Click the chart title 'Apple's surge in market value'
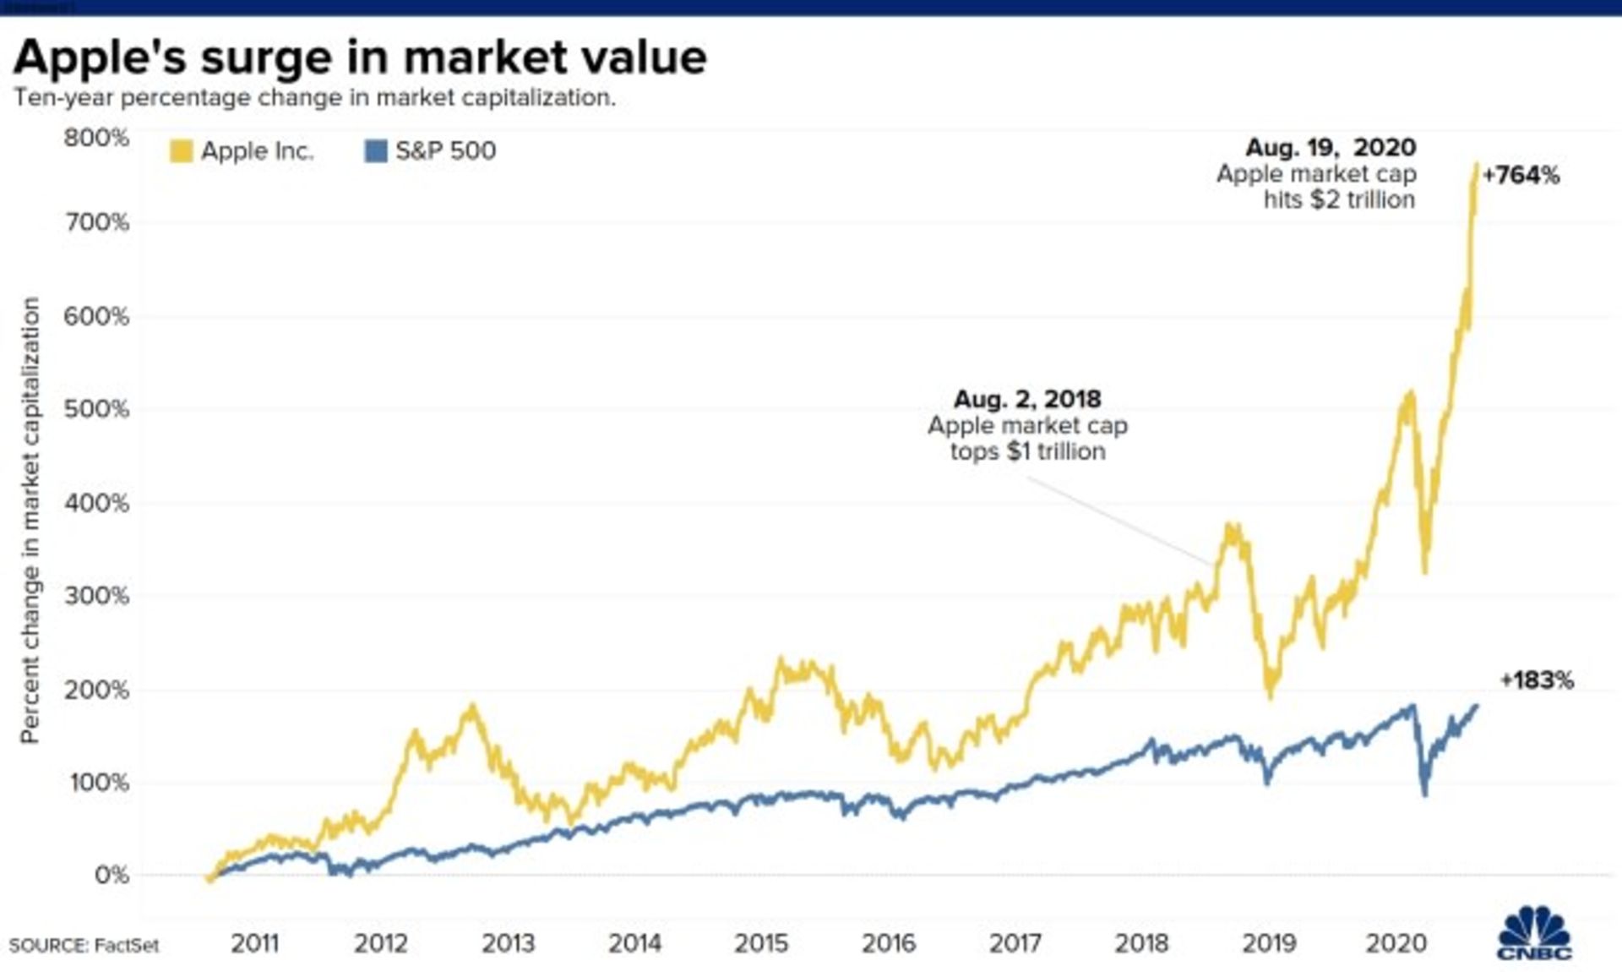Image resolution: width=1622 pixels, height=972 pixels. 360,57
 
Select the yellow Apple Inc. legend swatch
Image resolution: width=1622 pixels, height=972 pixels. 181,151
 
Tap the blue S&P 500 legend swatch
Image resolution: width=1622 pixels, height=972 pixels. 375,151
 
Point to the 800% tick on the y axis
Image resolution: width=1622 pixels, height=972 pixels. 96,138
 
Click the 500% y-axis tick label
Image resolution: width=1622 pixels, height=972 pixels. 96,409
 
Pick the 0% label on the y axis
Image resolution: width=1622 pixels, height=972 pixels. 112,875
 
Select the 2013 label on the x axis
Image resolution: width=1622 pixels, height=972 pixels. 508,943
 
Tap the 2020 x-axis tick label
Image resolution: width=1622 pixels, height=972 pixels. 1396,943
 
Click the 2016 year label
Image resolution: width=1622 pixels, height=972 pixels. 888,943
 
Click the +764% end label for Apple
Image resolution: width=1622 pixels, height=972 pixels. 1521,176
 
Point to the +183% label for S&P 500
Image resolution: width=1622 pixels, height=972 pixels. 1537,680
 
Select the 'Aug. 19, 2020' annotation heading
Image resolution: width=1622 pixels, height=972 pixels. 1331,148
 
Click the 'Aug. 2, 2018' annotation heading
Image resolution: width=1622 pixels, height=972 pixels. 1027,399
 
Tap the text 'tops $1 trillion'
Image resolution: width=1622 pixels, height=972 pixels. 1027,451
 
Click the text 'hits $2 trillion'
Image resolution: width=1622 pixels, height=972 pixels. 1339,200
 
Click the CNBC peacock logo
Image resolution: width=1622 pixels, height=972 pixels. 1534,934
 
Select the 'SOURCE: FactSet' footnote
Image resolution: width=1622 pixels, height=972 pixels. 84,946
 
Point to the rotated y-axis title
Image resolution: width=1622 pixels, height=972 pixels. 30,520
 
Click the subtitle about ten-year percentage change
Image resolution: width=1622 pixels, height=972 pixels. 314,98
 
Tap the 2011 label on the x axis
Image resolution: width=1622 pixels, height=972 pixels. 254,943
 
